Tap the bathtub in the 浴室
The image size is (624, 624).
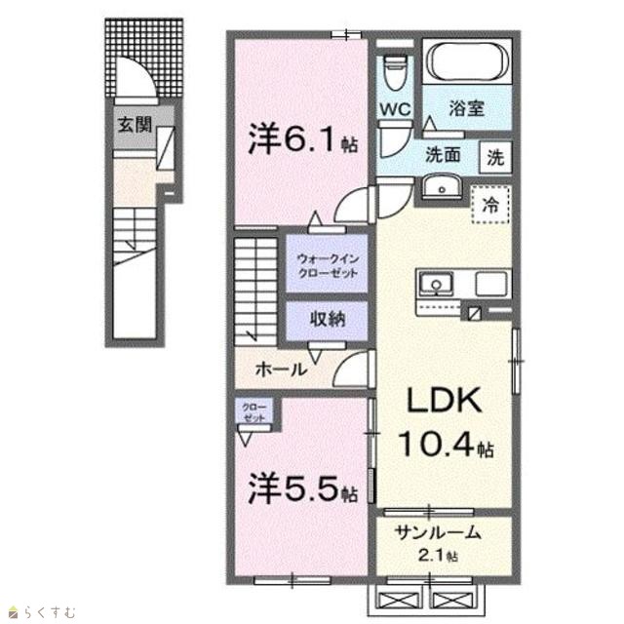click(467, 61)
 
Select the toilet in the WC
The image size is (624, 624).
click(395, 71)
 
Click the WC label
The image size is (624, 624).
click(395, 108)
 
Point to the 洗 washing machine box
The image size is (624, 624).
click(495, 158)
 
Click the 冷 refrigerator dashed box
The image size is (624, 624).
click(491, 204)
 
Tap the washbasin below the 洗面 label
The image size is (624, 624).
click(441, 186)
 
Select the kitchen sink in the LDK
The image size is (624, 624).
click(436, 284)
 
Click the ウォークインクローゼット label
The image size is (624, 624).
click(329, 266)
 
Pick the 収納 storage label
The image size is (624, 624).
click(328, 319)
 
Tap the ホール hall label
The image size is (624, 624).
click(281, 370)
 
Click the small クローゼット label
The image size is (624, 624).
click(253, 412)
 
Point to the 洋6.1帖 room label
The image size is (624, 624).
click(302, 139)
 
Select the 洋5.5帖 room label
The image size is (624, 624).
click(302, 489)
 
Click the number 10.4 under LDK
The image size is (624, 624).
click(437, 444)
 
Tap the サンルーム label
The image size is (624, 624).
click(437, 532)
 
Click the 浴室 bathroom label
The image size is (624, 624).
click(467, 108)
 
